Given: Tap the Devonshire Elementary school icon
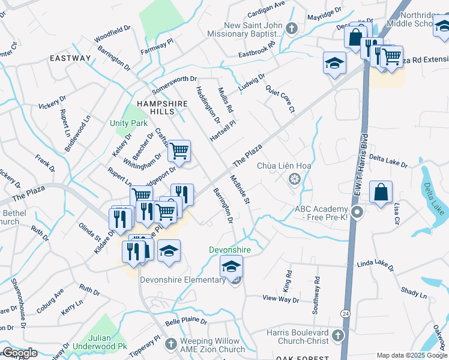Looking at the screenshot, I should click(x=231, y=266).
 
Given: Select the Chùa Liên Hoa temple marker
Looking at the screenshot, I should click(x=294, y=178).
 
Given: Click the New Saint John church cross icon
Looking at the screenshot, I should click(x=291, y=28).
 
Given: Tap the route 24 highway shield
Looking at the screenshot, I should click(x=345, y=313).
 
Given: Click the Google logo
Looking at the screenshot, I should click(x=19, y=353).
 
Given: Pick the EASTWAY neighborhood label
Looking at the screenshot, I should click(x=70, y=58).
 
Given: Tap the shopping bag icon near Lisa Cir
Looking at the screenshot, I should click(x=381, y=193).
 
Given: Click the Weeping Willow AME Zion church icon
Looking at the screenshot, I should click(x=171, y=344).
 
